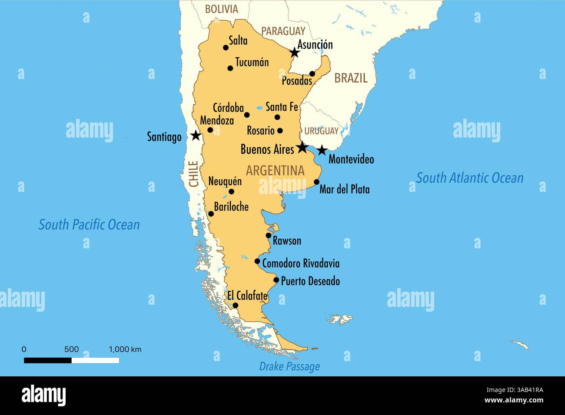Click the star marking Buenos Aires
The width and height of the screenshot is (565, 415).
coord(302,148)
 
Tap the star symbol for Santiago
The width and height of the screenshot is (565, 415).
coord(196,135)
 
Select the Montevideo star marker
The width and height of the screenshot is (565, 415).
coord(321,151)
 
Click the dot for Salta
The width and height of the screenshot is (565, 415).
coord(226,48)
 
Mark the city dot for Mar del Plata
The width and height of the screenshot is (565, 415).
coord(316,182)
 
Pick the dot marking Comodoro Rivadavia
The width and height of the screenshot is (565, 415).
coord(257,261)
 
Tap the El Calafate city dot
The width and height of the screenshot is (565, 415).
coord(235,306)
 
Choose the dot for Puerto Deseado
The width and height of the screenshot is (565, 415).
coord(276,280)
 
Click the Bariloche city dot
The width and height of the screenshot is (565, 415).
coord(211,214)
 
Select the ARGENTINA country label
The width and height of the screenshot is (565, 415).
coord(275,171)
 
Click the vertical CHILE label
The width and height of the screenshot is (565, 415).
coord(194,174)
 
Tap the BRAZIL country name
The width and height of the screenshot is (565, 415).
coord(351,78)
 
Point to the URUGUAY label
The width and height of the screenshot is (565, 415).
coord(321,131)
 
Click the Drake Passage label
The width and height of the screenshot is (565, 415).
coord(289,366)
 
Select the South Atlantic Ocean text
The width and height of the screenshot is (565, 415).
coord(470,178)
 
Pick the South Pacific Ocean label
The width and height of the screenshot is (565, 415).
coord(89,224)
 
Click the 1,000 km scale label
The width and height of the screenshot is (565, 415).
coord(125,349)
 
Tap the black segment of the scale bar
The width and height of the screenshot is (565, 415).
coord(48,360)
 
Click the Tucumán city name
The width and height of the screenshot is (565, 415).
coord(252,62)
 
